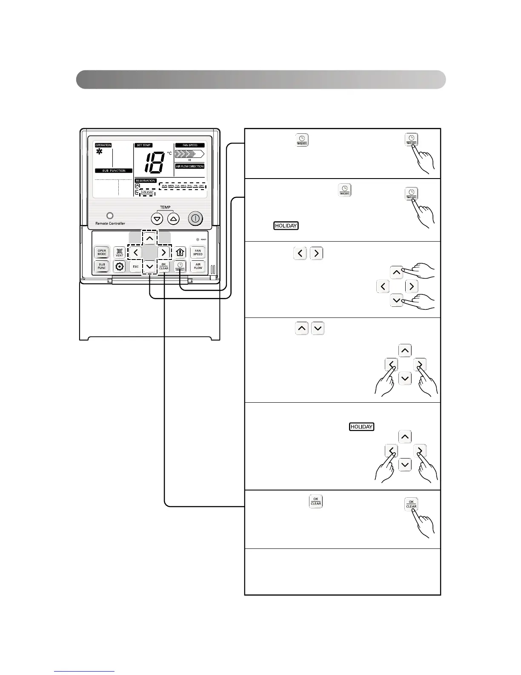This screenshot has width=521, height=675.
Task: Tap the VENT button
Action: click(120, 252)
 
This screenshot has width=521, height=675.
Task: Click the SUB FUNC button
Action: click(102, 266)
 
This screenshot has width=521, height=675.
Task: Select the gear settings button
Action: click(120, 267)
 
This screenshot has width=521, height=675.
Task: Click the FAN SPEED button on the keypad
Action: click(198, 252)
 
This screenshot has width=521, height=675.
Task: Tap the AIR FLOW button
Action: click(198, 266)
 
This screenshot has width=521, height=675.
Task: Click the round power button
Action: click(195, 219)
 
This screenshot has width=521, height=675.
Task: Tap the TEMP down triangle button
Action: click(157, 219)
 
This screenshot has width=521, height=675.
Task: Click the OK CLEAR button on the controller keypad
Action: click(164, 266)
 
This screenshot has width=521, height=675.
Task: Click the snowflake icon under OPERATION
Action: click(99, 152)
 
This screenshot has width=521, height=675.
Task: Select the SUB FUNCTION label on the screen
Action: click(114, 171)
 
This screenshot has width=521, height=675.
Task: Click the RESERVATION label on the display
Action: click(146, 181)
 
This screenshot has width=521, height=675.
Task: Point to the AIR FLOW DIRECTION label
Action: click(190, 166)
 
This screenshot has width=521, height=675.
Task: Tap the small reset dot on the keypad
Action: click(198, 239)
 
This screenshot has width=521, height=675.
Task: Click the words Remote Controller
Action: click(110, 223)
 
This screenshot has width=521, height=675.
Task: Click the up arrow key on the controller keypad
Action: click(149, 239)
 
